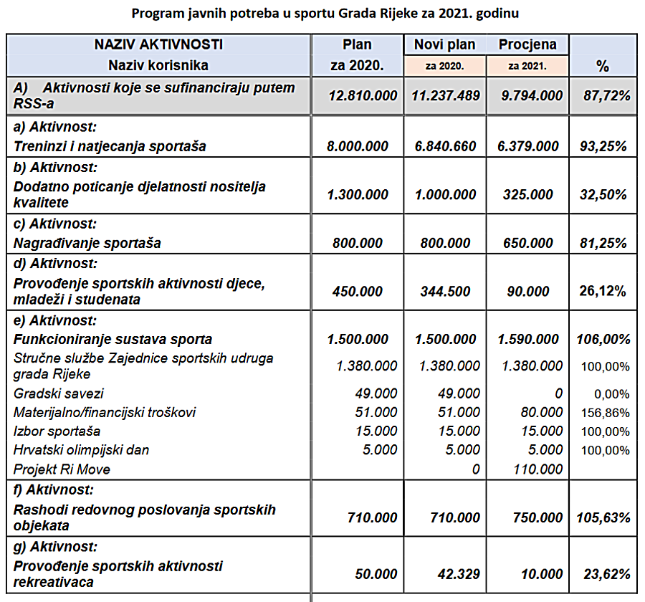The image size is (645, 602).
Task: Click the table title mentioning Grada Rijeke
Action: [325, 14]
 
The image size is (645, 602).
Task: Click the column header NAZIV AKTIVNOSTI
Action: [159, 44]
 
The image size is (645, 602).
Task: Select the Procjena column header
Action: [527, 44]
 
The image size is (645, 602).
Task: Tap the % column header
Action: [603, 66]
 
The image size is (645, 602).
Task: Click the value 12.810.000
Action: [363, 96]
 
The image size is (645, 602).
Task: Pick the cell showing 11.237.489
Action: [446, 96]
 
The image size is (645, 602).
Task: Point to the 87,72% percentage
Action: [607, 96]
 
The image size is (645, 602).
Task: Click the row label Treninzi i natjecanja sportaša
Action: [110, 146]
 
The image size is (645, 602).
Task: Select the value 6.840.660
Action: [446, 146]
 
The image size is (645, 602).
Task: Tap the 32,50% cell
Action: [603, 195]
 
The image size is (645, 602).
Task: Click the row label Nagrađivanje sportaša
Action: [87, 243]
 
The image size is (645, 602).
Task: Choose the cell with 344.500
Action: [445, 292]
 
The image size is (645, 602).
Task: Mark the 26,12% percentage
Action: [603, 291]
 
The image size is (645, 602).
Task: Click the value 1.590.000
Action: [528, 339]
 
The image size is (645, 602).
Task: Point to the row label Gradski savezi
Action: [59, 393]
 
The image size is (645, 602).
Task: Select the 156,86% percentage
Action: [605, 413]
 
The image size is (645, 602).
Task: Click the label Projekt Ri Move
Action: [62, 469]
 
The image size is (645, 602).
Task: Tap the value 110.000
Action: [537, 469]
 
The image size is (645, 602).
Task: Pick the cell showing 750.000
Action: [537, 517]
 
